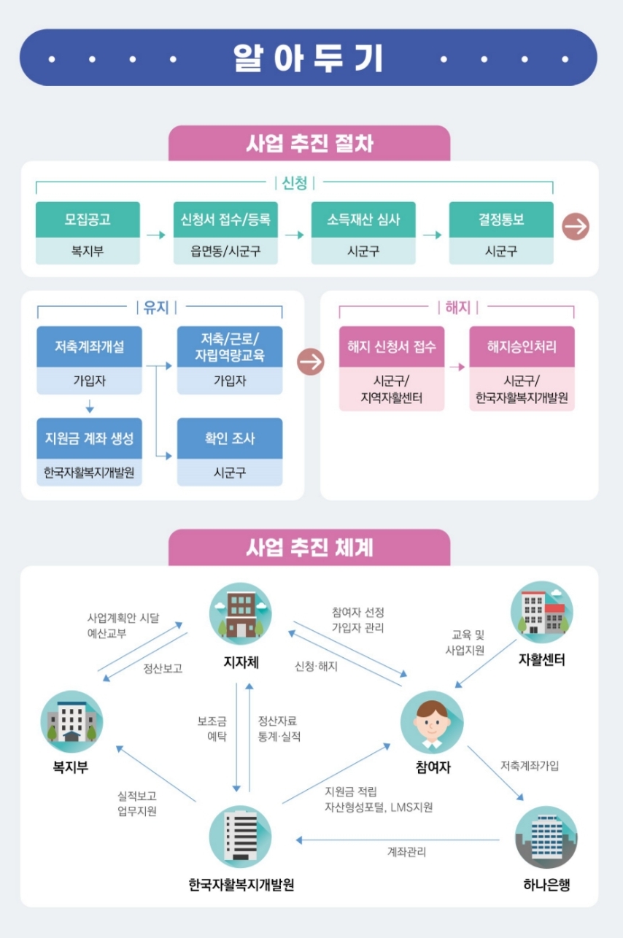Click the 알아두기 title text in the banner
(308, 58)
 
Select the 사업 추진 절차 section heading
(309, 143)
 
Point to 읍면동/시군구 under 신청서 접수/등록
(225, 252)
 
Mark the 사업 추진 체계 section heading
(309, 547)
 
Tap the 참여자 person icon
(432, 722)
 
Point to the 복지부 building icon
(71, 721)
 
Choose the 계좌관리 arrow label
(406, 852)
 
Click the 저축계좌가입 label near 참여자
(530, 765)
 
